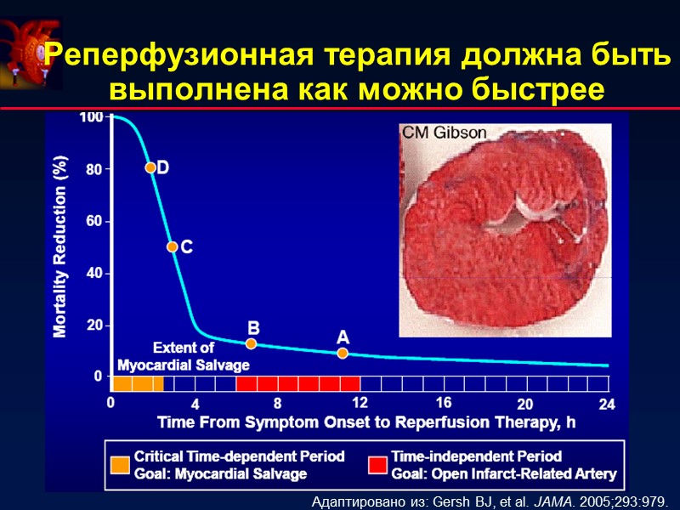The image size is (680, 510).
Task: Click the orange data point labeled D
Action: (150, 167)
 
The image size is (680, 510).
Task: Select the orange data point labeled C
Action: (173, 246)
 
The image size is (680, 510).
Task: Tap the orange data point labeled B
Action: (251, 343)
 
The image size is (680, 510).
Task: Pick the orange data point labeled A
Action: (343, 353)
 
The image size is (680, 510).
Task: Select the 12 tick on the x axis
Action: (360, 401)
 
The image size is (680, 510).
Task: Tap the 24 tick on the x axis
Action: (606, 405)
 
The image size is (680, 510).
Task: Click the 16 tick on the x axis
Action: (443, 401)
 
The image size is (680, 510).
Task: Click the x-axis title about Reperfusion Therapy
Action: (360, 422)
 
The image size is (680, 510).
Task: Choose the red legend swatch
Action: (377, 465)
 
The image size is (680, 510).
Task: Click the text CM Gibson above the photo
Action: (444, 133)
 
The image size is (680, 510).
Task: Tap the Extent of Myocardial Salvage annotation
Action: (184, 356)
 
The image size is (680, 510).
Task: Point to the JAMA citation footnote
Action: (496, 499)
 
